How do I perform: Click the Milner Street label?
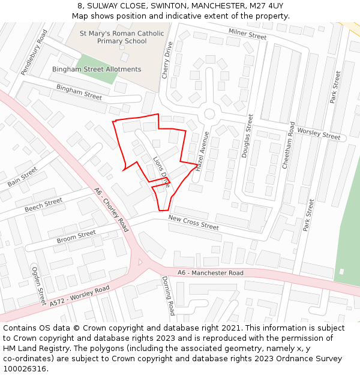point(247,34)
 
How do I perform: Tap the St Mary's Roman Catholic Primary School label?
point(113,37)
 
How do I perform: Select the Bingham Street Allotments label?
point(97,69)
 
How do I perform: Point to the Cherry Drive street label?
point(167,60)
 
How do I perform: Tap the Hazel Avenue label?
point(202,152)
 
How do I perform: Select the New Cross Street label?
point(193,222)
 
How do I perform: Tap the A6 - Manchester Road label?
point(210,273)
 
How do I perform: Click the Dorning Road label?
point(167,295)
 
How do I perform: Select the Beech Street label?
point(43,205)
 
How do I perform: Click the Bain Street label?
point(23,176)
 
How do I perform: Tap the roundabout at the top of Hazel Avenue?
point(209,113)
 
